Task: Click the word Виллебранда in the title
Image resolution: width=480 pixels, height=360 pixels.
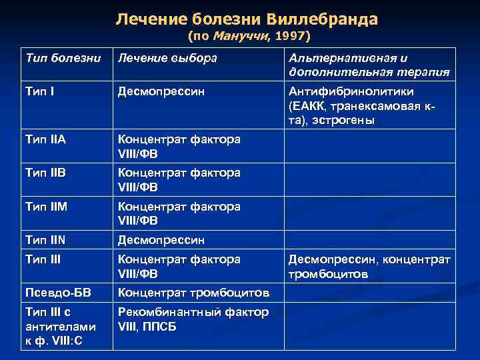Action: tap(325, 19)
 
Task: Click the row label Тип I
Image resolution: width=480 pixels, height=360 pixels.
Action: tap(39, 91)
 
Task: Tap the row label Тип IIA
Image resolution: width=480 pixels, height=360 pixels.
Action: tap(45, 139)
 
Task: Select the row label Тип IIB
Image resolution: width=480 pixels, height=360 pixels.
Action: tap(45, 172)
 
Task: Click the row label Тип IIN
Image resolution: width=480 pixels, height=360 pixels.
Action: tap(45, 239)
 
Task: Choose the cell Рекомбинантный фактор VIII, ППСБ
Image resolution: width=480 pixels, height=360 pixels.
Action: tap(193, 319)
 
